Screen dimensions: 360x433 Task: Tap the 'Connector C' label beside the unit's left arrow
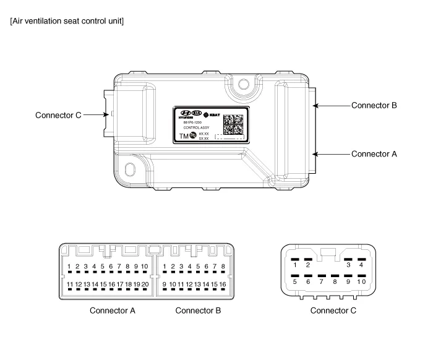(x=58, y=115)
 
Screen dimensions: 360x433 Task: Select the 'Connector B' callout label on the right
(x=374, y=105)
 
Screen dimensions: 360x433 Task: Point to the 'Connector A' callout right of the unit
(x=374, y=153)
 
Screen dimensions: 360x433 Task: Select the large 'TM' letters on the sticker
(x=184, y=137)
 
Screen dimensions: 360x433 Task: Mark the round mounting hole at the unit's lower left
(x=131, y=169)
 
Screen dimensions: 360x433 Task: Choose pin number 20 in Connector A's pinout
(x=145, y=285)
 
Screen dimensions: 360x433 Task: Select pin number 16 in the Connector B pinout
(x=222, y=285)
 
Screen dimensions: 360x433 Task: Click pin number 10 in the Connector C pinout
(x=361, y=281)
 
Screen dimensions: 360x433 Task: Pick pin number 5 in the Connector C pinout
(x=294, y=281)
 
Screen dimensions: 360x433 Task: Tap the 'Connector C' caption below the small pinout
(x=333, y=311)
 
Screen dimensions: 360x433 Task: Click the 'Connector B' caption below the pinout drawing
(x=198, y=311)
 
